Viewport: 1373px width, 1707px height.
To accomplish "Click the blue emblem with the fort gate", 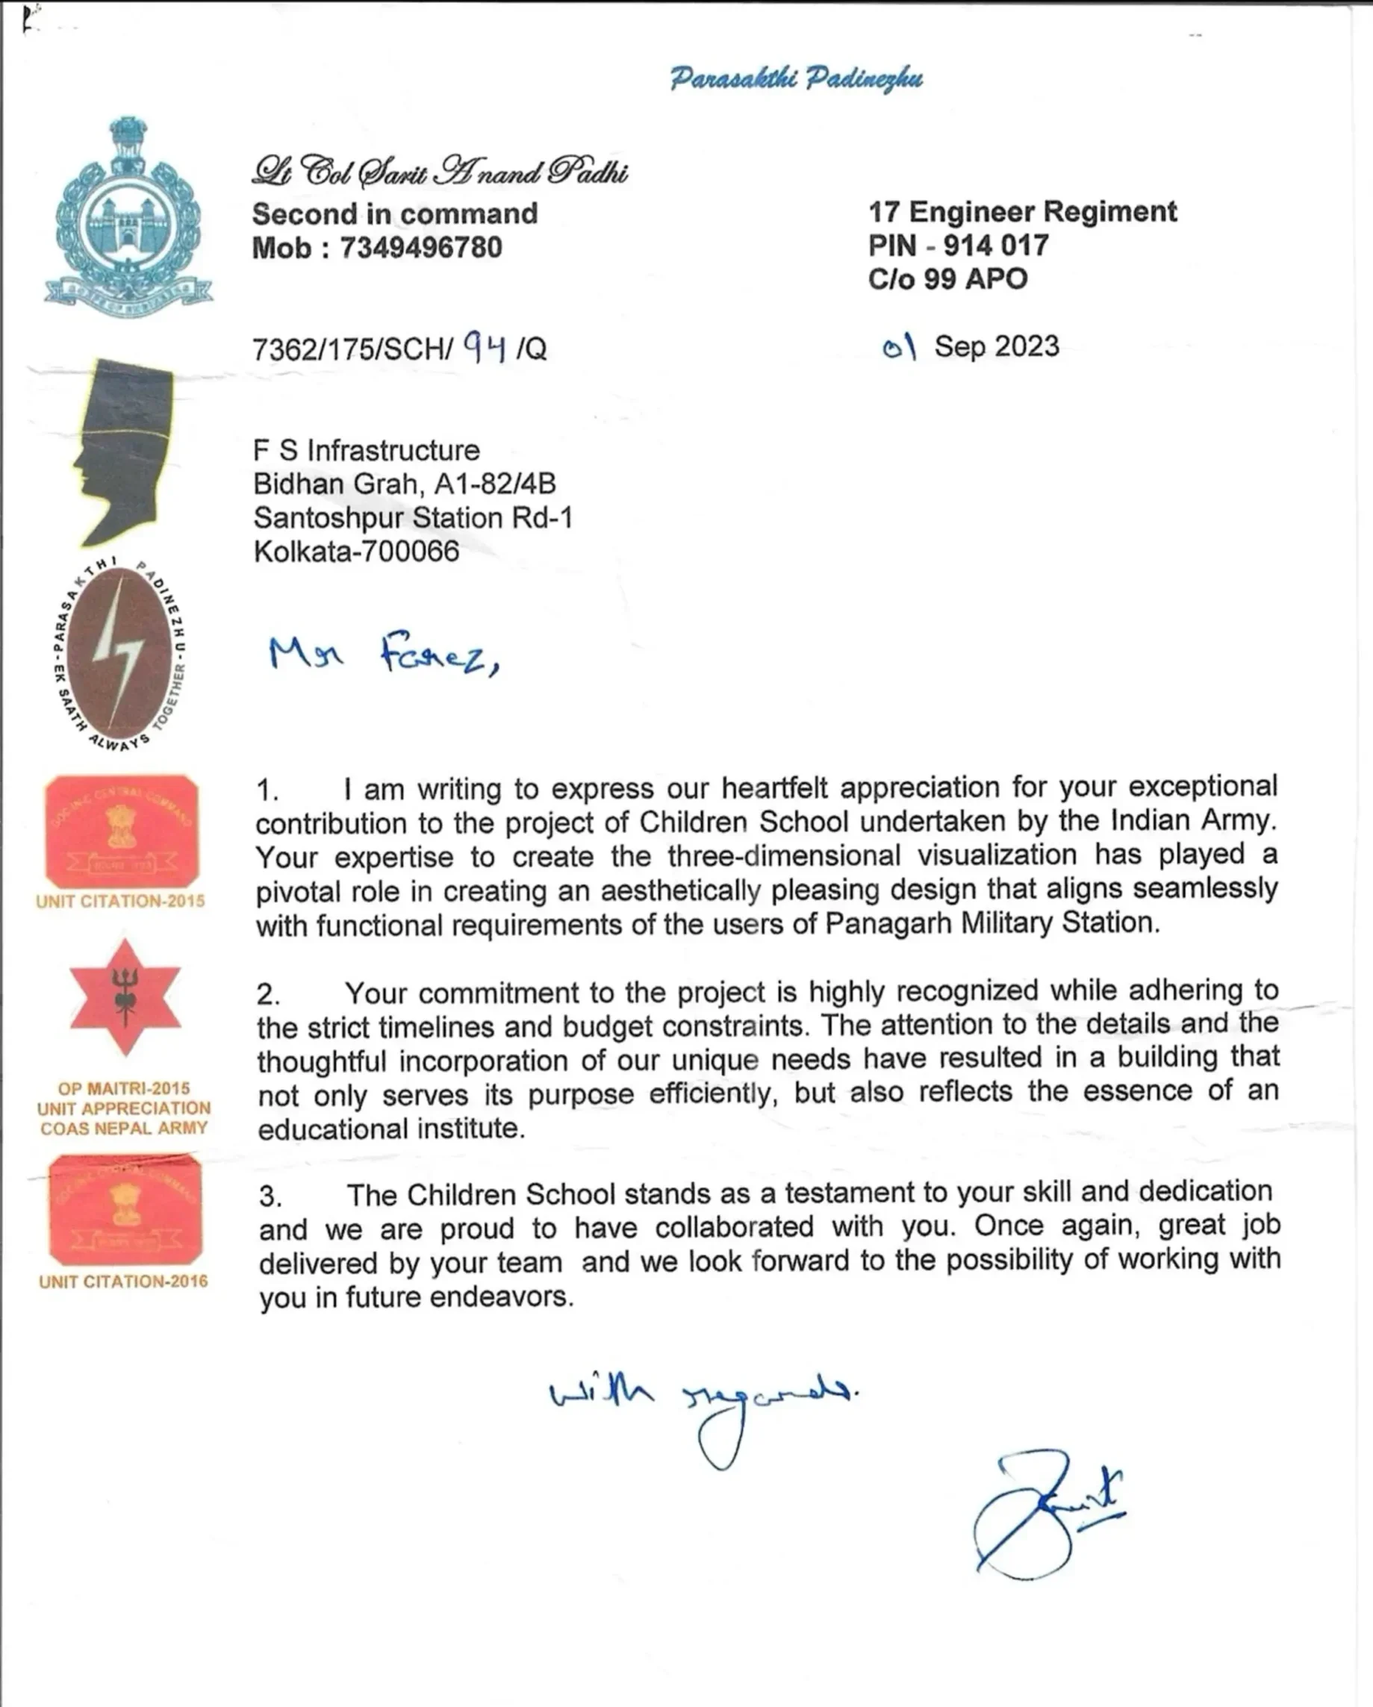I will tap(127, 218).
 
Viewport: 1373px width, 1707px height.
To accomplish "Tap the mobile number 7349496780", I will tap(420, 248).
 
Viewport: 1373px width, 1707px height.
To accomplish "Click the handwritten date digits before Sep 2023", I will tap(900, 346).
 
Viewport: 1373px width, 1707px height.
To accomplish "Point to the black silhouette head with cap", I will tap(127, 452).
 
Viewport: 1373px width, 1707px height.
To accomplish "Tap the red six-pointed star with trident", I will tap(125, 998).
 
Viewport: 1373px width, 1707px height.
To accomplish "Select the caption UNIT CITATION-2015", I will tap(120, 901).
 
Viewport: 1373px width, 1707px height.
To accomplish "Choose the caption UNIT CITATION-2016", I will tap(123, 1281).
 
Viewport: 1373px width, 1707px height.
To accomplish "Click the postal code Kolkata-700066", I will tap(356, 551).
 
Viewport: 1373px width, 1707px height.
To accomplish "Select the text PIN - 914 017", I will tap(958, 246).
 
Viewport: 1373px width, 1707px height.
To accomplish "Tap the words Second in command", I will tap(394, 213).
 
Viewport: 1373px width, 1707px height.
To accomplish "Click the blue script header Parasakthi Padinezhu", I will tap(796, 78).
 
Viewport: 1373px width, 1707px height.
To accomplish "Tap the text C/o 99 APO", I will tap(947, 278).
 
